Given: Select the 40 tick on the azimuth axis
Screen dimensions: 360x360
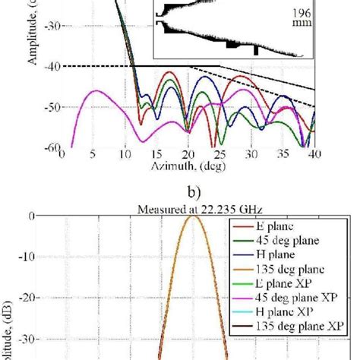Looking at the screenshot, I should pos(314,153).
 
